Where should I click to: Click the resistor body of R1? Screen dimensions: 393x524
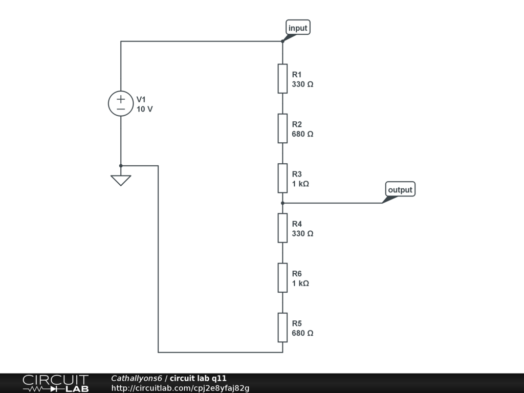[282, 79]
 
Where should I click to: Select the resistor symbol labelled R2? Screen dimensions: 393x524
[282, 128]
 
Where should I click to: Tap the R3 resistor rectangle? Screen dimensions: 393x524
[282, 178]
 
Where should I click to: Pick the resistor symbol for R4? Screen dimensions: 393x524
[282, 228]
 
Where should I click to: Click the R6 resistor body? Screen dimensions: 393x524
[282, 278]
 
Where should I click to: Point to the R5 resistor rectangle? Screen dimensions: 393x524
[282, 327]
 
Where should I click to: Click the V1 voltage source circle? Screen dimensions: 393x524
[121, 103]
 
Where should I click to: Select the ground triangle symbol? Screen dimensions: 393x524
[121, 180]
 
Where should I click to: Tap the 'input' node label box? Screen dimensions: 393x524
[298, 28]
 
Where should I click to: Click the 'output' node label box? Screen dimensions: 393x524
[400, 189]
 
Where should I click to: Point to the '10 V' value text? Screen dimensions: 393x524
[144, 109]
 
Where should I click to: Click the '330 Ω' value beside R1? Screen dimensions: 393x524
[302, 84]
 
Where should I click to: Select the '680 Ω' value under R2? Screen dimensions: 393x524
[302, 134]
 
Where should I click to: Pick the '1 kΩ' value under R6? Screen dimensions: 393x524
[300, 283]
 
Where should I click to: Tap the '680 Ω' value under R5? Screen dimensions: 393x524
[302, 333]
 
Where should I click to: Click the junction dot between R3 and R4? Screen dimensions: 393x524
[282, 203]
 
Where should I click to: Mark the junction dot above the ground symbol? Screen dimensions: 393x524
[121, 166]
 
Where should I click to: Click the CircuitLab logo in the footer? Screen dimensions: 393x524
[55, 383]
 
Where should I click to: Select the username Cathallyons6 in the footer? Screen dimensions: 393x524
[137, 378]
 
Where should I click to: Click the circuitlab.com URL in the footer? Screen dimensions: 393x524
[180, 388]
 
